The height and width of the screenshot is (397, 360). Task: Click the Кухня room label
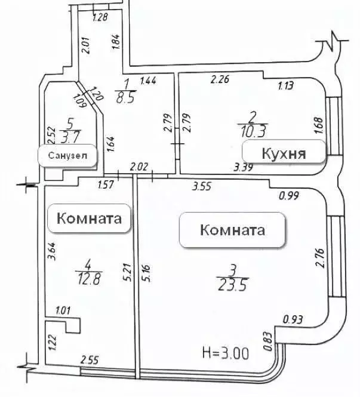tap(284, 153)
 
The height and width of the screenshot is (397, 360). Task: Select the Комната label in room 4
tap(93, 218)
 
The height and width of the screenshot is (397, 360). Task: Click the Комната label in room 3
tap(232, 229)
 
